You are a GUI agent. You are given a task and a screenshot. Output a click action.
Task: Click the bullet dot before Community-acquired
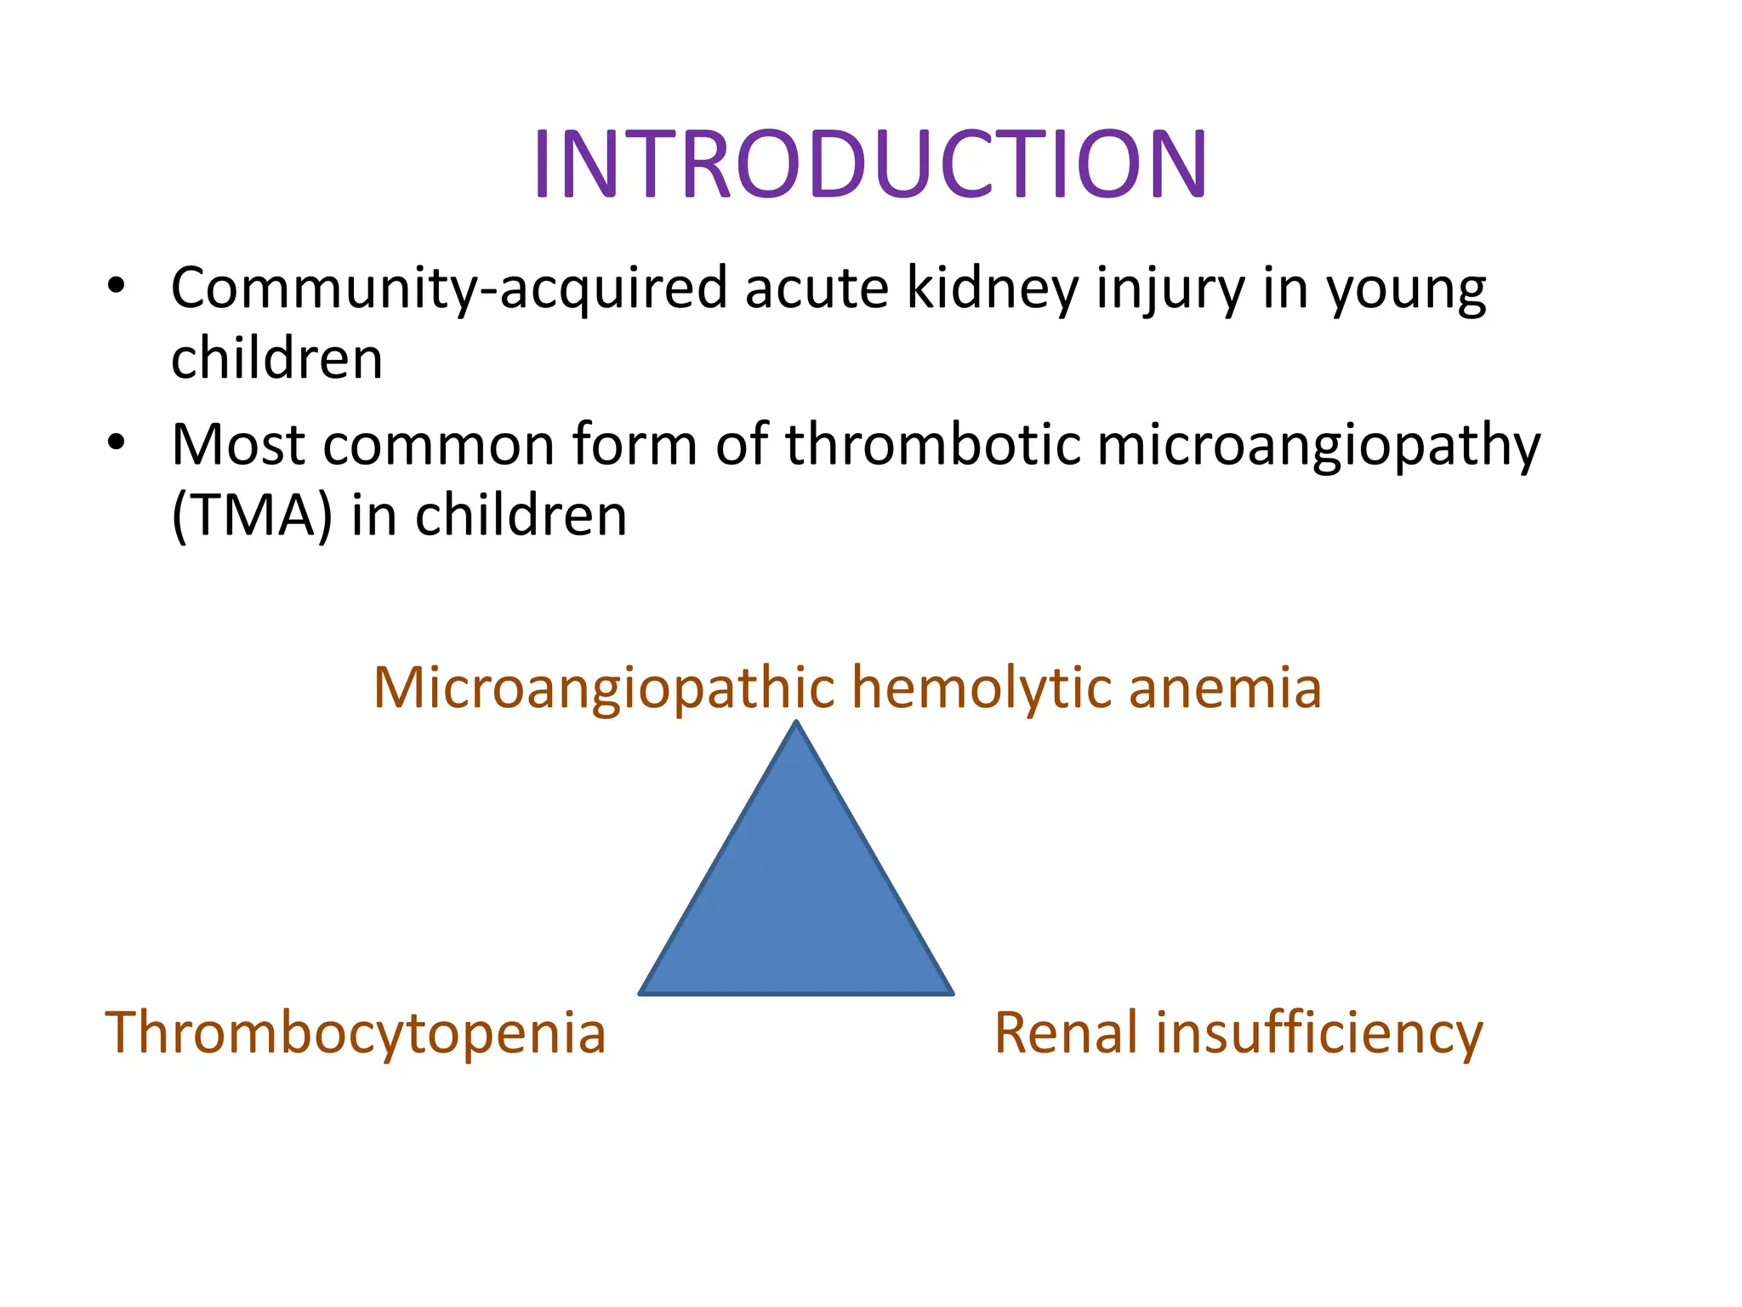point(117,286)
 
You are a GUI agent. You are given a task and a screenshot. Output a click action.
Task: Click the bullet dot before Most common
point(117,442)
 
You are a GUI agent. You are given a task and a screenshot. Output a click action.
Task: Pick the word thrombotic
point(932,444)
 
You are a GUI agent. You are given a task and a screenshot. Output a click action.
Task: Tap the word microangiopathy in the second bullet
point(1318,446)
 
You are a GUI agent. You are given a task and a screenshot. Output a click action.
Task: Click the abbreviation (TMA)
point(252,516)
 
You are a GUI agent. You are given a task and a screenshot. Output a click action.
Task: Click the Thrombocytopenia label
point(355,1033)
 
